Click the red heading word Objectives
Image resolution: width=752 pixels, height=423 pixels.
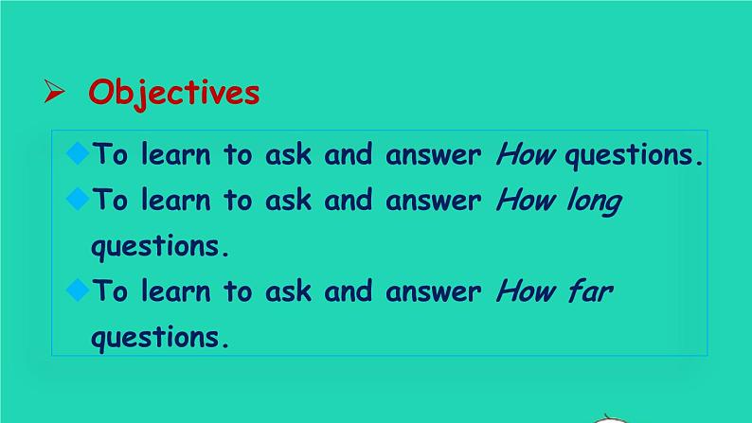[174, 93]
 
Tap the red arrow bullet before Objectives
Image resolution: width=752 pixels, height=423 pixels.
[54, 91]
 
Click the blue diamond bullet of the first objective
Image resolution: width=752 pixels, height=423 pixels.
[78, 153]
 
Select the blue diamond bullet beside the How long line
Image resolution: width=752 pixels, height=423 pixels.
[78, 199]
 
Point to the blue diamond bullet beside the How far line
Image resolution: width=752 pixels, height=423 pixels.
[78, 290]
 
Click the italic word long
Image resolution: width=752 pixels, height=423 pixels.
[594, 202]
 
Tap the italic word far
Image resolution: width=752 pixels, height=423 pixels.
[591, 291]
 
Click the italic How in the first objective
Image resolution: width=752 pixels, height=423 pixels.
[526, 155]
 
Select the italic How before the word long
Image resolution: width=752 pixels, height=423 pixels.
[526, 200]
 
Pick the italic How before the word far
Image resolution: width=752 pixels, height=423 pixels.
[526, 291]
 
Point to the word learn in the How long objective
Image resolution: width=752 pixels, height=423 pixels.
[176, 200]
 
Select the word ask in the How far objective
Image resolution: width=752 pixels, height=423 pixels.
[288, 291]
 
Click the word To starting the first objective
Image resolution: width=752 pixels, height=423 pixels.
[110, 154]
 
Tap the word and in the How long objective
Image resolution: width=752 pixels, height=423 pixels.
[349, 200]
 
